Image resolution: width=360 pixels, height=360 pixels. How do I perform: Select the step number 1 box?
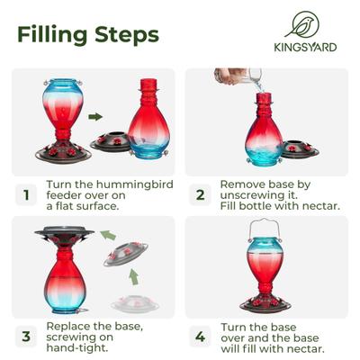26,193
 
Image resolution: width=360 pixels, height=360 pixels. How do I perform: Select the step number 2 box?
201,193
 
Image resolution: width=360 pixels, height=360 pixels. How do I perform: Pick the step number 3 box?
26,337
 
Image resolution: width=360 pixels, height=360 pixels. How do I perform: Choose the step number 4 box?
201,337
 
